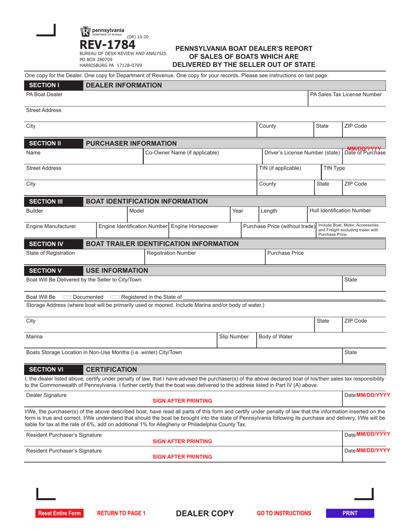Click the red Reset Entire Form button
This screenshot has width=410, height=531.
[59, 513]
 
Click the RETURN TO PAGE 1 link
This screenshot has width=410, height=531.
[122, 513]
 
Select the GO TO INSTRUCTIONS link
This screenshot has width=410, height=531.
[284, 513]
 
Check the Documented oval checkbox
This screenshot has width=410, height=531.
[67, 297]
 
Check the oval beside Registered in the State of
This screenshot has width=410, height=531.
[115, 297]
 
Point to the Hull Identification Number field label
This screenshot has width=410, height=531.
[340, 211]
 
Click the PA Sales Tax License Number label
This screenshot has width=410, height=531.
[346, 94]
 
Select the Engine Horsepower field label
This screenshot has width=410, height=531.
[195, 226]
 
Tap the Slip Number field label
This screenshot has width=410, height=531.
[234, 336]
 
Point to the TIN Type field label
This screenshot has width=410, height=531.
[334, 168]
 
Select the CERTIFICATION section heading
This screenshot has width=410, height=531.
[111, 370]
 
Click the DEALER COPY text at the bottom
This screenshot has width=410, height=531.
[205, 513]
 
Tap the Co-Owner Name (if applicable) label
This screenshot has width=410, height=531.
[182, 152]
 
